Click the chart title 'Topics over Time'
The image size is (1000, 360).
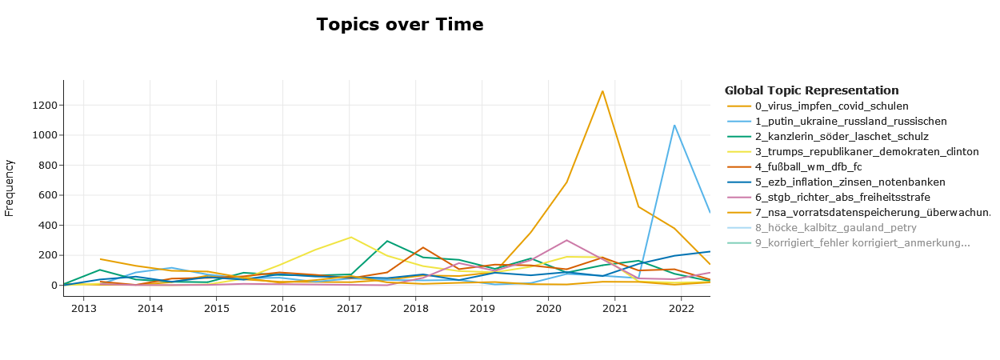[399, 25]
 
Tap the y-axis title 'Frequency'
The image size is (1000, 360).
[10, 188]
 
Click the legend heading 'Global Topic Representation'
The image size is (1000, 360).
[811, 90]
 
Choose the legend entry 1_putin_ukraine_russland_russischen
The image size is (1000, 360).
[850, 122]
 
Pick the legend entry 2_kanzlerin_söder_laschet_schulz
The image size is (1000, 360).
[842, 137]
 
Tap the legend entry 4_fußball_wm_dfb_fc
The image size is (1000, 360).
[808, 167]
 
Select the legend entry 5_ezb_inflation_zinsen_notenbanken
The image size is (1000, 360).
[850, 182]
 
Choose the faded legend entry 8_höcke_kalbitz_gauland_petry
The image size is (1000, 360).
[835, 228]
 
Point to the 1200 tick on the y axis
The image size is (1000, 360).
[45, 106]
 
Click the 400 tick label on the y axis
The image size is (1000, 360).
[48, 226]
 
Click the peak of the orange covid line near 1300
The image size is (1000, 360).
[602, 91]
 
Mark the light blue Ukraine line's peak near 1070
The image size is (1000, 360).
[674, 125]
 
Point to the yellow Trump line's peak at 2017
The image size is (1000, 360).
[350, 237]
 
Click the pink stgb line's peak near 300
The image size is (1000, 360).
[566, 240]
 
